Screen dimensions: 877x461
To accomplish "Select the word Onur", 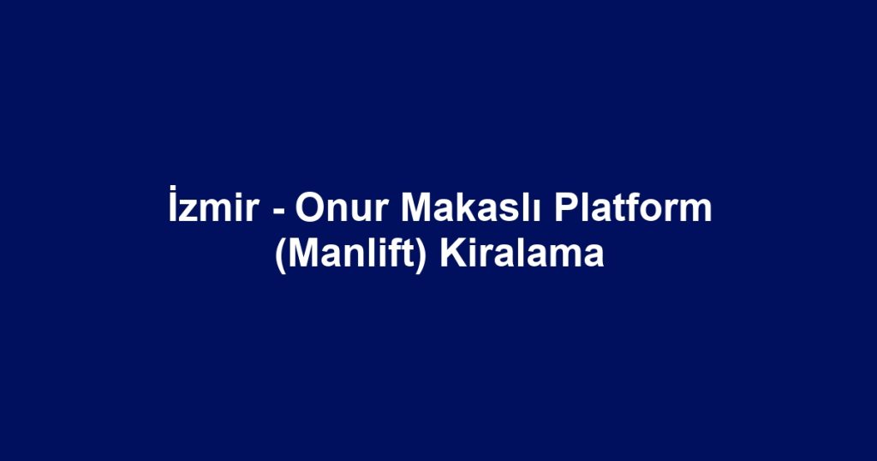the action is (342, 208).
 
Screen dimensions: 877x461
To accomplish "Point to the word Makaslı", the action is (470, 208).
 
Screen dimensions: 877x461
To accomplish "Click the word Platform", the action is (633, 207).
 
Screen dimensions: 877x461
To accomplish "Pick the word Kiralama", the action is (522, 254).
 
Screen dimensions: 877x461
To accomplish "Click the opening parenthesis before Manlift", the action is (281, 256).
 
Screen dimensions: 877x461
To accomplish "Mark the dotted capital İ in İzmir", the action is (173, 204).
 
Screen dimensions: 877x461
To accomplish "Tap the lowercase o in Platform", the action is (650, 212).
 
